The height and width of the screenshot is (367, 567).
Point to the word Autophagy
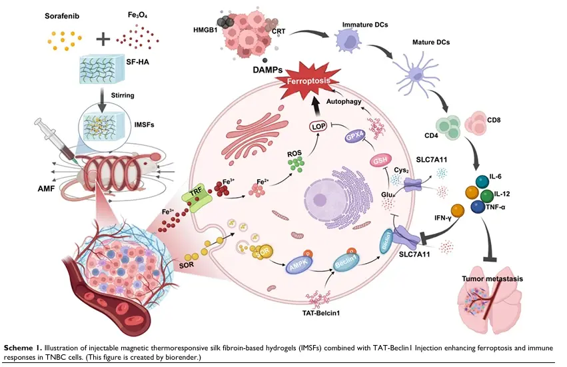point(343,104)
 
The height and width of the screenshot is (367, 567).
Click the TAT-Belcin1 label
point(322,313)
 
